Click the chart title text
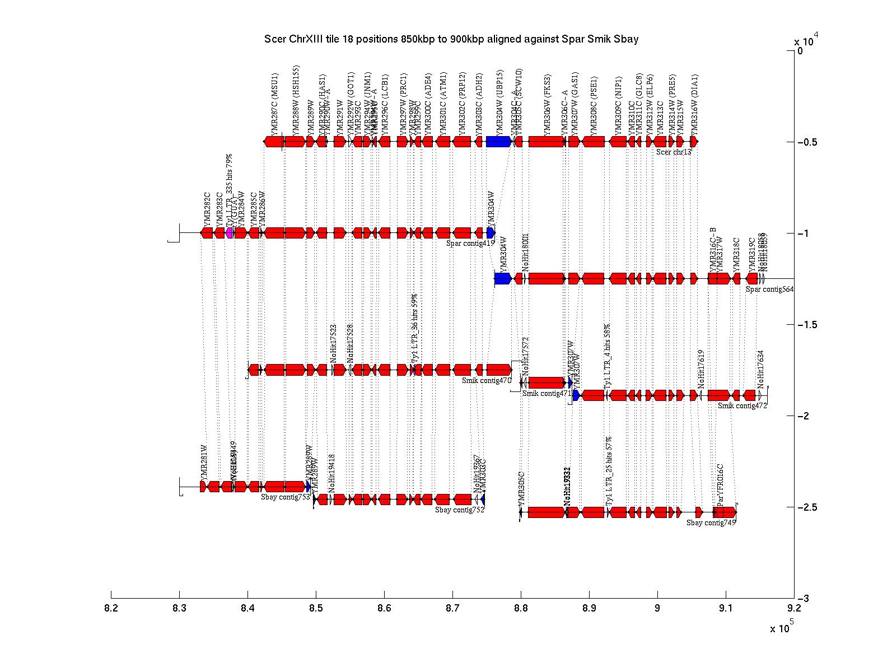[x=451, y=39]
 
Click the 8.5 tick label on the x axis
[x=316, y=608]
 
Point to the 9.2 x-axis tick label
[x=793, y=608]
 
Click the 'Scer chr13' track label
[x=674, y=152]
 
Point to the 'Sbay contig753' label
[x=286, y=497]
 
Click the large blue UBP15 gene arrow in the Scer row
[x=498, y=142]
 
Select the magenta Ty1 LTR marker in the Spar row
[x=230, y=233]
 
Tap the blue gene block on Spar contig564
[x=502, y=278]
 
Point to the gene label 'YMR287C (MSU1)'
[x=275, y=104]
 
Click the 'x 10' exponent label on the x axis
[x=780, y=629]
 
